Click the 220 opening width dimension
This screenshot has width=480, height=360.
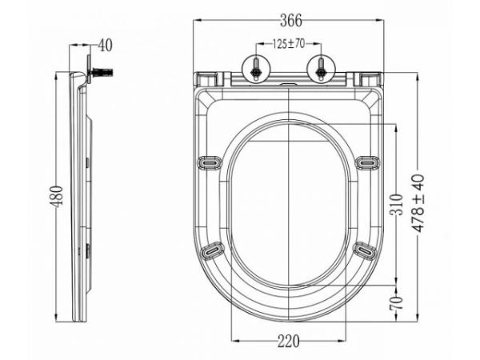click(288, 342)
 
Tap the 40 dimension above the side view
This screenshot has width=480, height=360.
click(105, 46)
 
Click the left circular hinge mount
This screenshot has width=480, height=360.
click(255, 69)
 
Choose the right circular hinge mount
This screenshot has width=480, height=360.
click(320, 69)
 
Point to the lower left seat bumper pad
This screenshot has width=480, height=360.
click(212, 251)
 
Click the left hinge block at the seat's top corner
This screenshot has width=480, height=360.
click(206, 78)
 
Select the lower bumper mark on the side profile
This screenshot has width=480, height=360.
click(86, 250)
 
